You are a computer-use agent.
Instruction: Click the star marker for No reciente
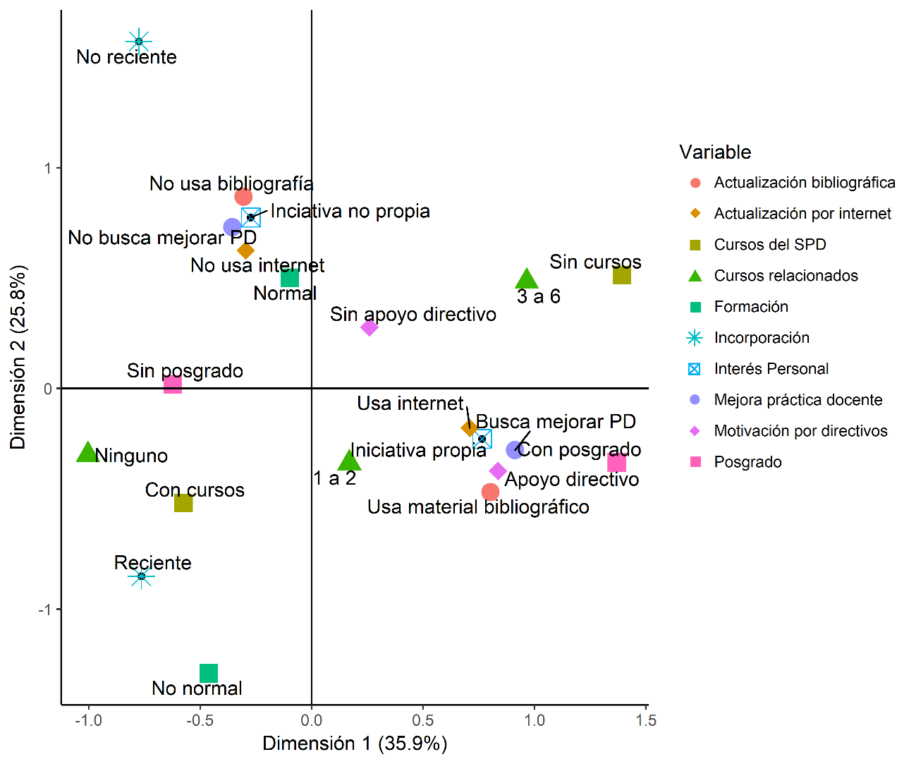pos(139,42)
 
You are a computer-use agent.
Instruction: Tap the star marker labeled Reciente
pos(142,576)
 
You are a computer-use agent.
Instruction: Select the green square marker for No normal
pos(209,673)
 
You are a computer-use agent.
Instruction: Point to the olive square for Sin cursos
pos(621,275)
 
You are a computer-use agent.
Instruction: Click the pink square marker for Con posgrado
pos(616,463)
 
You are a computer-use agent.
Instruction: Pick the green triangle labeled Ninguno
pos(87,453)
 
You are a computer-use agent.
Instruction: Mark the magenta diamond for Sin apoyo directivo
pos(370,327)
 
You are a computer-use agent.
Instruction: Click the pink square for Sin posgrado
pos(173,384)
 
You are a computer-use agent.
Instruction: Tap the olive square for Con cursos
pos(183,503)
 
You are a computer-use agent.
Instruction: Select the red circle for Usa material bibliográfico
pos(490,492)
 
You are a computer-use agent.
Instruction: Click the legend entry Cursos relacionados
pos(786,276)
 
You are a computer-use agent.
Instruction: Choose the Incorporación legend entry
pos(761,338)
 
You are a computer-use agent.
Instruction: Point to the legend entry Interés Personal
pos(771,369)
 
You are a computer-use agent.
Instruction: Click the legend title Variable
pos(715,152)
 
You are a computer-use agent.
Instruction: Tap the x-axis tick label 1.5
pos(645,720)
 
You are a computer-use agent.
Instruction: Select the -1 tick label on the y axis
pos(45,610)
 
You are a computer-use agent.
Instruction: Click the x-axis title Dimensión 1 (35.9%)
pos(355,744)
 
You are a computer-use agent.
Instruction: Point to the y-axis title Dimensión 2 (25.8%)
pos(18,357)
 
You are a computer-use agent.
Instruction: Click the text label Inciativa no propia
pos(350,212)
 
